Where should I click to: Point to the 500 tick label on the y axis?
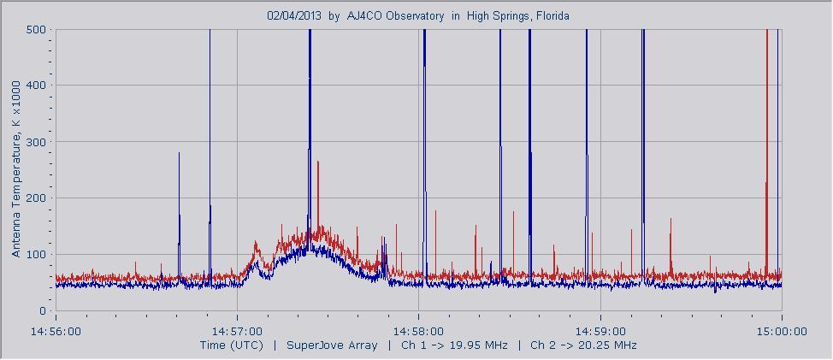35,29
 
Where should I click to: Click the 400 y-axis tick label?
35,86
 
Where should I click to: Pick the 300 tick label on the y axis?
35,142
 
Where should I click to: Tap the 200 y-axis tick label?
35,198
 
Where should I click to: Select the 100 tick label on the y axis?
35,255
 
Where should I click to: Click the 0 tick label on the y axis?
41,311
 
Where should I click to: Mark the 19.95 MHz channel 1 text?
475,345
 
